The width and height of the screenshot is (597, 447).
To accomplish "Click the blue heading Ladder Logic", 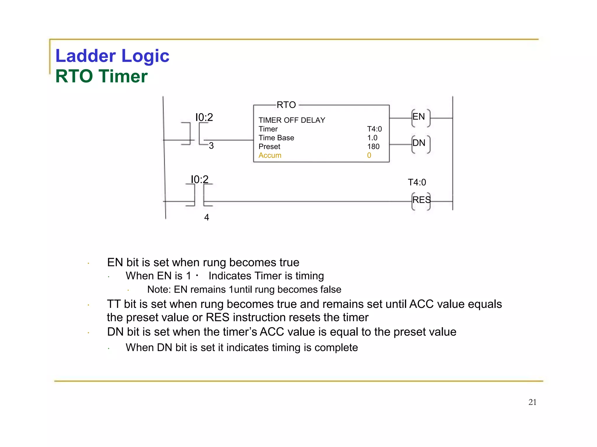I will [112, 56].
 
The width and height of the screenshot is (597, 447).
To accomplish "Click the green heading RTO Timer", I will [101, 76].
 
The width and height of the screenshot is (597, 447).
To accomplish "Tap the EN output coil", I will [420, 118].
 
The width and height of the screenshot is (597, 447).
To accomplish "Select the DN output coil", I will [420, 143].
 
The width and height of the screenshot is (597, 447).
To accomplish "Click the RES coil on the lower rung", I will [421, 201].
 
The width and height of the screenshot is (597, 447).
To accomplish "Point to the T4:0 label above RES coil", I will [417, 182].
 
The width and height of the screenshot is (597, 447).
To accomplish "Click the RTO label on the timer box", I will [286, 105].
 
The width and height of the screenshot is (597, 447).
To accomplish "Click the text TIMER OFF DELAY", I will [292, 120].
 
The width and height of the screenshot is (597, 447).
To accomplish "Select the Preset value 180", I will [373, 147].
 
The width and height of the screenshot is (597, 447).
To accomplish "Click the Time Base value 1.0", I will [372, 138].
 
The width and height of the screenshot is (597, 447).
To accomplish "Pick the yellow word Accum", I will [270, 155].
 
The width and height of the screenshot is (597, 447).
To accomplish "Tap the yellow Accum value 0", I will [369, 155].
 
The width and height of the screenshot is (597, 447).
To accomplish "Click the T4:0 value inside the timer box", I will [374, 129].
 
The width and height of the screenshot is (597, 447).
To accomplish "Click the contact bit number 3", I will [211, 146].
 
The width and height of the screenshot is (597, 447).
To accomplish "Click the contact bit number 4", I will [207, 217].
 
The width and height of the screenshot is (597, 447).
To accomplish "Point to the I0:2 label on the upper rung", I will [204, 117].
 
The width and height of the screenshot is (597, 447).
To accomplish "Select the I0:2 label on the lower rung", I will [200, 179].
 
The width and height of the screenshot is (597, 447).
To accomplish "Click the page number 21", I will [532, 402].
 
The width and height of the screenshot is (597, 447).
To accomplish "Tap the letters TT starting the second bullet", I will [114, 304].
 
